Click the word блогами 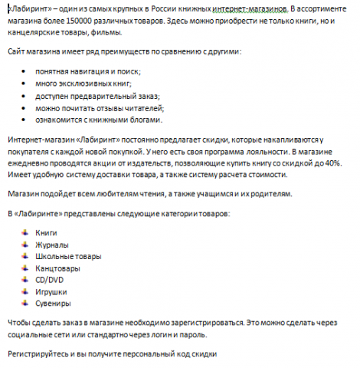pos(142,120)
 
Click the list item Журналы pos(52,243)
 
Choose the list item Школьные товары pos(67,255)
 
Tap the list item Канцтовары pos(59,268)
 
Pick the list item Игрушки pos(51,292)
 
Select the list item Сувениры pos(53,304)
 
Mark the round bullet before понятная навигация pos(26,71)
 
